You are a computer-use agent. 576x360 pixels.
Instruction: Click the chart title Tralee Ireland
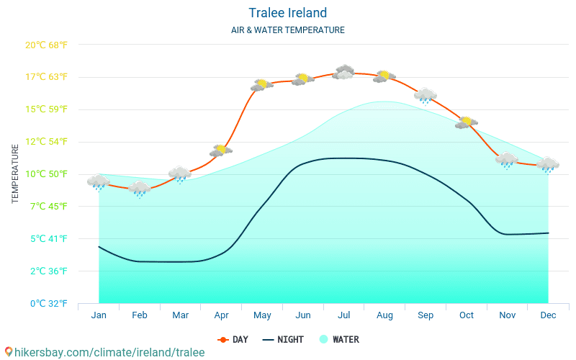point(288,13)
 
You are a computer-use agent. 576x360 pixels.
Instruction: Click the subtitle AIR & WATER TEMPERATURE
point(288,30)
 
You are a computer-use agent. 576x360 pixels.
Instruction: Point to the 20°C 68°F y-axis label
point(47,45)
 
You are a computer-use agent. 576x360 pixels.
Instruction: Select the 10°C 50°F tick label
point(47,174)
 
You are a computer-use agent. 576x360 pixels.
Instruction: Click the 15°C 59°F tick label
point(47,109)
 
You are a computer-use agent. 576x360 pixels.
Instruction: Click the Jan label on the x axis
point(99,315)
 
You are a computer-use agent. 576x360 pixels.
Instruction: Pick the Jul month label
point(344,315)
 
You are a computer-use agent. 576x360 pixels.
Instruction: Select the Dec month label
point(548,315)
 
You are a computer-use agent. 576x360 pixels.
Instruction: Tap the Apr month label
point(221,315)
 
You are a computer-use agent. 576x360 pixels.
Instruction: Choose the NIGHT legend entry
point(283,339)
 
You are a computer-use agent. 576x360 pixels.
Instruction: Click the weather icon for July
point(344,72)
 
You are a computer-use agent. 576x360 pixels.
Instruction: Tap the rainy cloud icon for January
point(99,182)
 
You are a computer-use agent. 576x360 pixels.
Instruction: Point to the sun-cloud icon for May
point(262,85)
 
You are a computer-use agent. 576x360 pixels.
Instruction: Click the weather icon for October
point(467,122)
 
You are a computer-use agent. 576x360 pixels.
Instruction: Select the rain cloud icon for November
point(507,160)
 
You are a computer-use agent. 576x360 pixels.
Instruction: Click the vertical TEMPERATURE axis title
point(16,174)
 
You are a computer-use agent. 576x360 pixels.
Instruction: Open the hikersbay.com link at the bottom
point(104,352)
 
